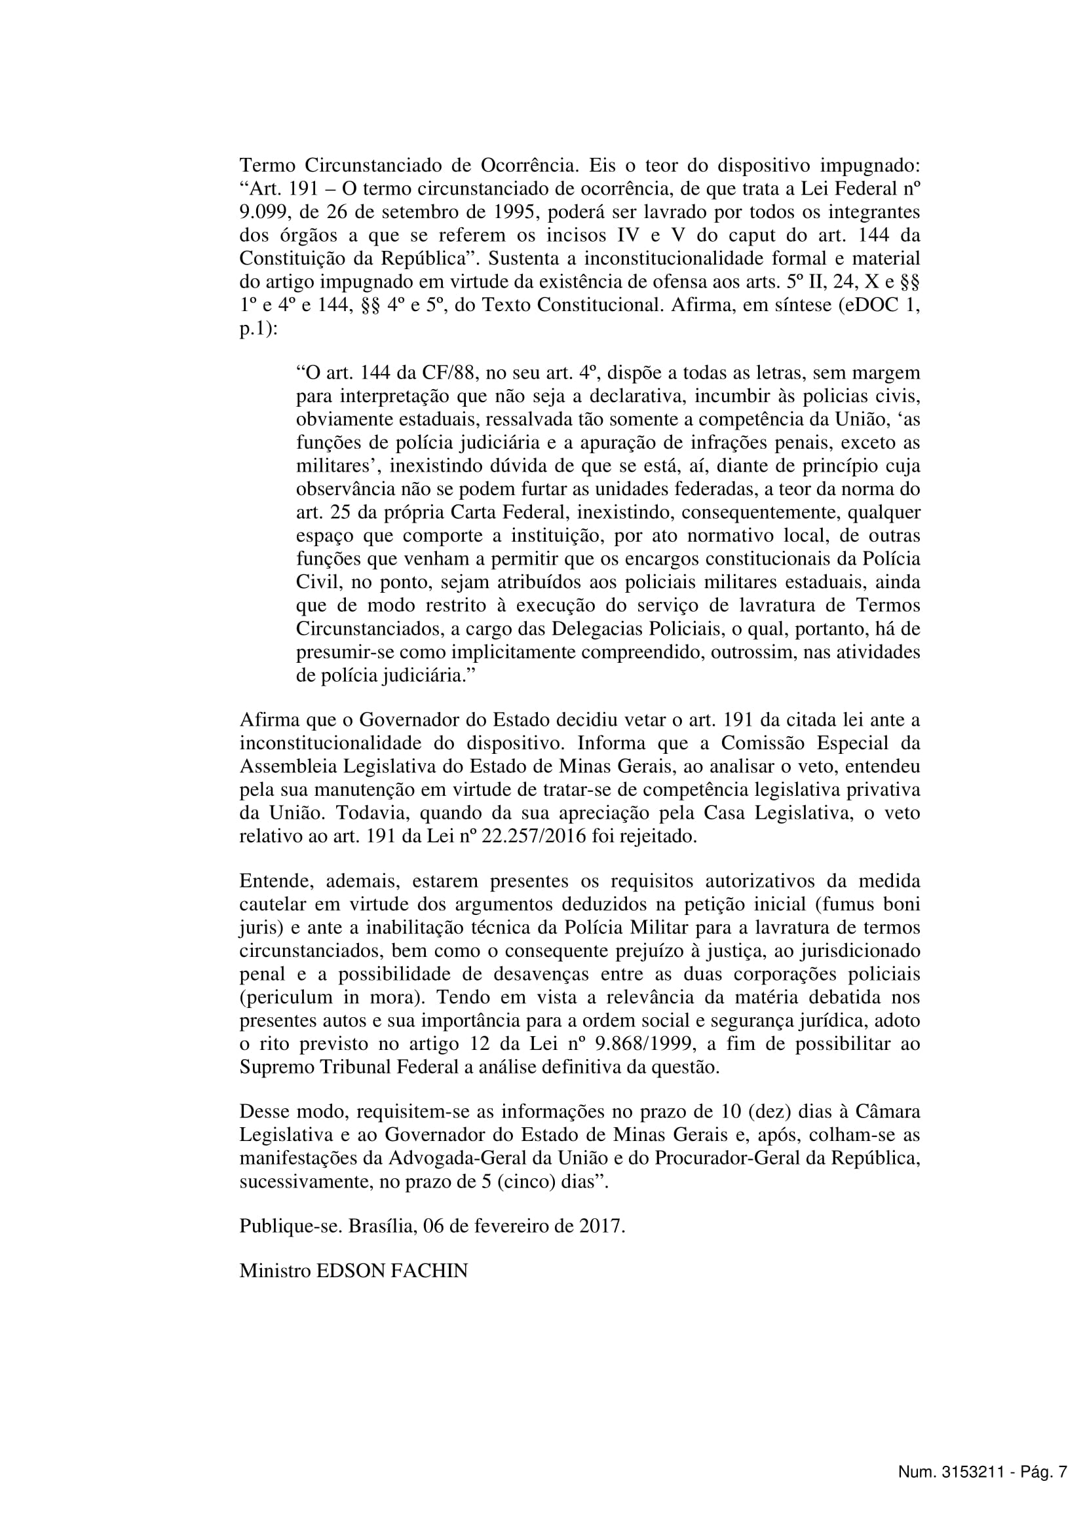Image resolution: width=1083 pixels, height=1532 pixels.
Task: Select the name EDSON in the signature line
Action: coord(350,1271)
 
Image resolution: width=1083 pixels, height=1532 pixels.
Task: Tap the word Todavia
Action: coord(370,814)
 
